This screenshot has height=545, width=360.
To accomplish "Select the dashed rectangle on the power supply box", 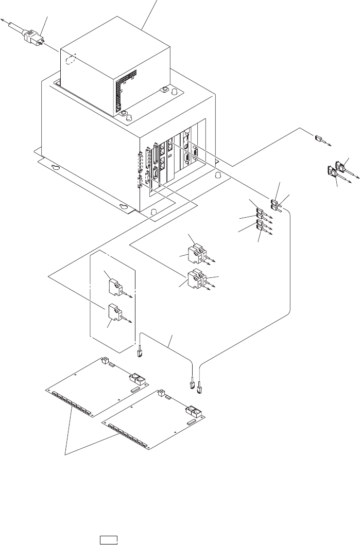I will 73,60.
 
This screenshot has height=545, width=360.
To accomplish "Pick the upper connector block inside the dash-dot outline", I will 115,286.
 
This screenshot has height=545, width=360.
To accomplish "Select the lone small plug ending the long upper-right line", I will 318,138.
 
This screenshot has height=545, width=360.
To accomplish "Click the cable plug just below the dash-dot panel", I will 139,353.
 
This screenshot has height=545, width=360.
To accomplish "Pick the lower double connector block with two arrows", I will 197,278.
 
